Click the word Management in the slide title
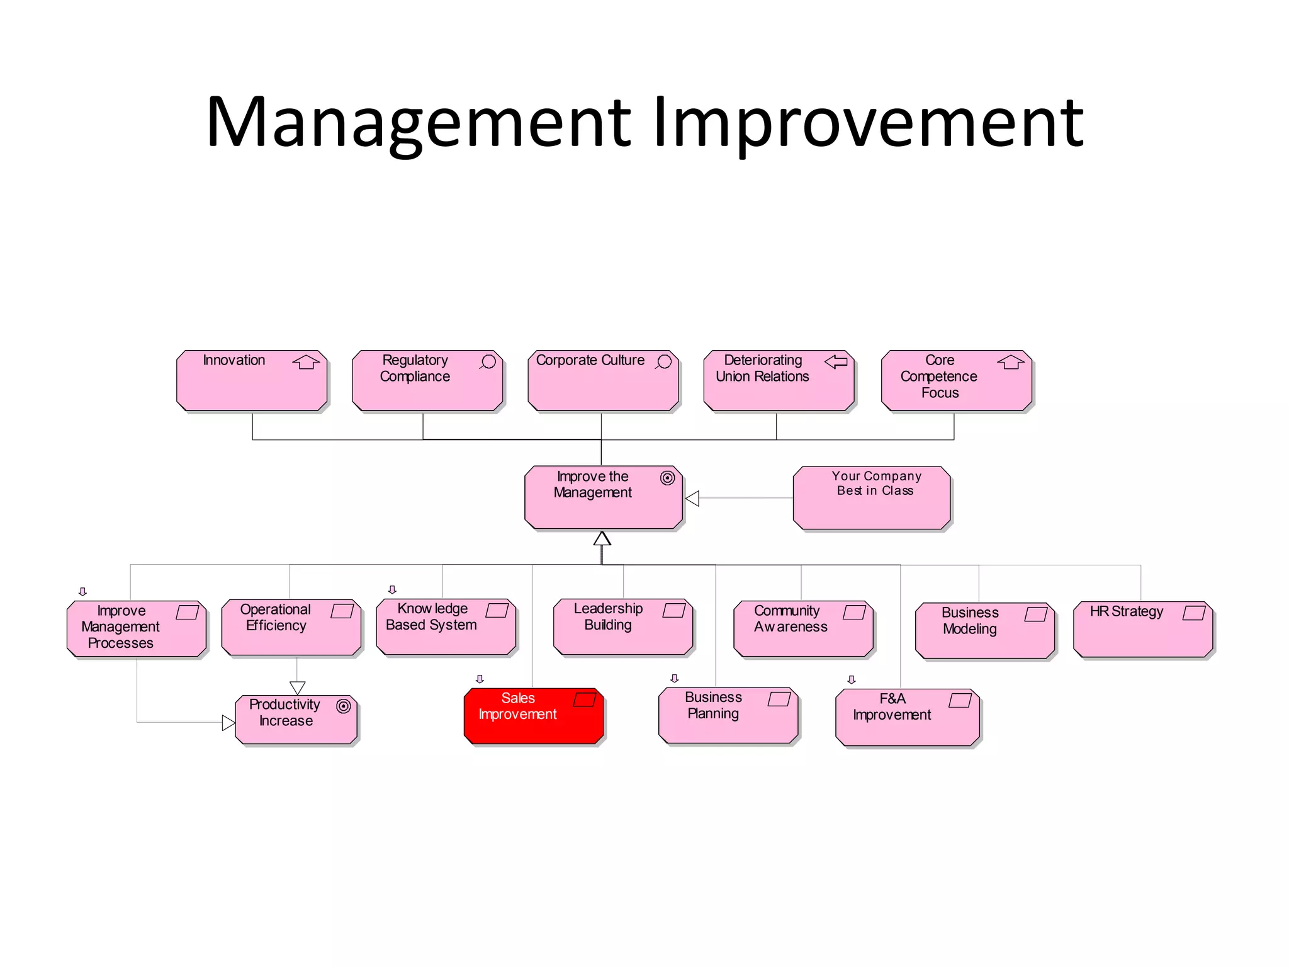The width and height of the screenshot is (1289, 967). click(418, 122)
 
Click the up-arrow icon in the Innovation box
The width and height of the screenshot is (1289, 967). click(306, 362)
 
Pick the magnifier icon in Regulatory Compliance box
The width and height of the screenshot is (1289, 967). click(488, 362)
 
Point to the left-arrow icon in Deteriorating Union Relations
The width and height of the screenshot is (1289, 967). click(836, 361)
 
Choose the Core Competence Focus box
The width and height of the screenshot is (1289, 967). click(956, 381)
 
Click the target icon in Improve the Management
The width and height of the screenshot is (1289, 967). click(667, 478)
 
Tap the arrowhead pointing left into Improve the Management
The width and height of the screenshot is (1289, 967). click(692, 499)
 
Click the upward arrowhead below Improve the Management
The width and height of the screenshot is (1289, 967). click(602, 538)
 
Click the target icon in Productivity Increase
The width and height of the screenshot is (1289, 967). click(343, 706)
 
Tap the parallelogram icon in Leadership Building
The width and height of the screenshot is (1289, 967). click(673, 610)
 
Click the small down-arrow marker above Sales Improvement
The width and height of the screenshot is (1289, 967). click(480, 679)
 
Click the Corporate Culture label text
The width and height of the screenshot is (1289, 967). click(590, 360)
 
